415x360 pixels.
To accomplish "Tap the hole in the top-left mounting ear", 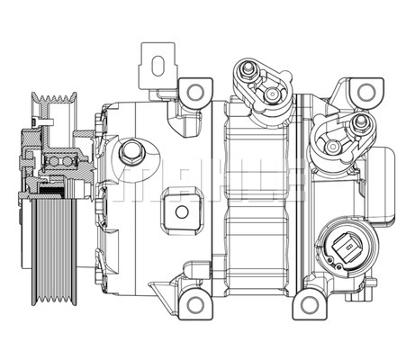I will [x=191, y=91].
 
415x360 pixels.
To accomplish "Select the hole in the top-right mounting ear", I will [x=365, y=92].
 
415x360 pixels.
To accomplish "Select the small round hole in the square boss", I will [x=184, y=213].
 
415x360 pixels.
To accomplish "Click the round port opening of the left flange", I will [x=267, y=95].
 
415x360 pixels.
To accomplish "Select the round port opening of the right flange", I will [x=333, y=145].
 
